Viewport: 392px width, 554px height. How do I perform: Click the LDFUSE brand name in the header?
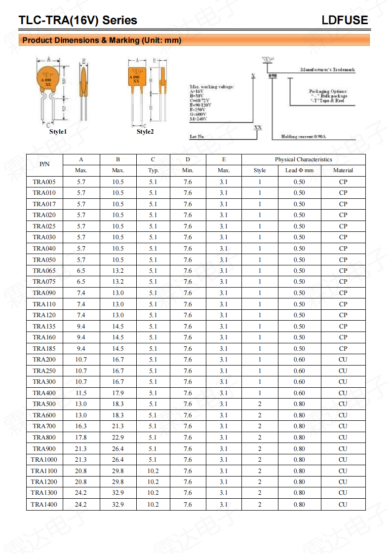345,20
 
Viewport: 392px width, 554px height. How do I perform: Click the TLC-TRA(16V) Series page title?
78,20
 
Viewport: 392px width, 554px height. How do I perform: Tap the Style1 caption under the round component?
58,132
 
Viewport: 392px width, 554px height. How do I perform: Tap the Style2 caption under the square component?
145,132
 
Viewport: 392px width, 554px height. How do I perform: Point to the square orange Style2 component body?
137,79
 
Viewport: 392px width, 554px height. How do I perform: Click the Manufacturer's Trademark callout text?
327,70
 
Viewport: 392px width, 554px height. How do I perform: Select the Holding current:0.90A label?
304,136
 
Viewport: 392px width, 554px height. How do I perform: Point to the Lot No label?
196,136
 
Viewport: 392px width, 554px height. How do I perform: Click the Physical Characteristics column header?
303,159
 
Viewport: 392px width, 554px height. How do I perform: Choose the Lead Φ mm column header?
299,170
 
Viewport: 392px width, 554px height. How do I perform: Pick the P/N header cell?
44,164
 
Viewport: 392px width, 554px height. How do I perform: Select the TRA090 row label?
44,293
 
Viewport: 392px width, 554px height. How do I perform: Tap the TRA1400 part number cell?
44,504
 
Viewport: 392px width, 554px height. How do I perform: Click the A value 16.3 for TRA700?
81,426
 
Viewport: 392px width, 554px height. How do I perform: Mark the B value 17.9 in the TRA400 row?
118,393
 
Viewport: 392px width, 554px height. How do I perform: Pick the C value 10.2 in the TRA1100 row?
153,471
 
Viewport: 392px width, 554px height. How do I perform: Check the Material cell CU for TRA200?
343,360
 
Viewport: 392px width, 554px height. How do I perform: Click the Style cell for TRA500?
260,404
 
